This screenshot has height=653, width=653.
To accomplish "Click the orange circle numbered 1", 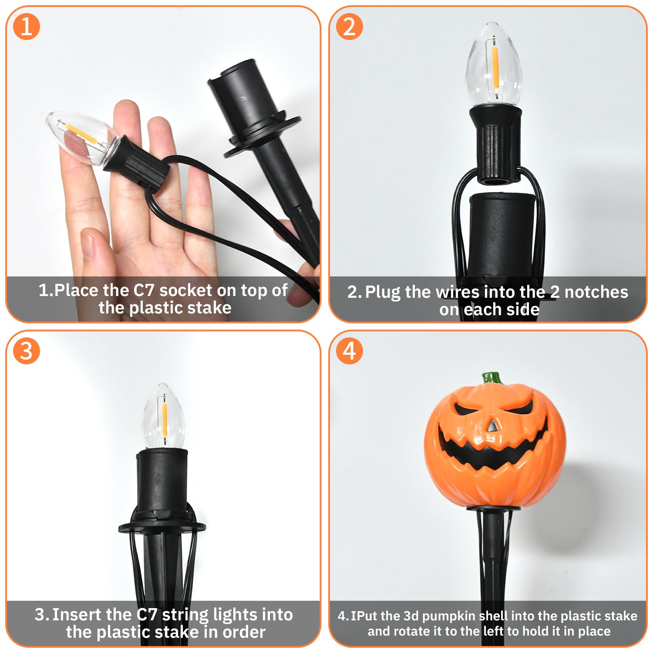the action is coord(27,27).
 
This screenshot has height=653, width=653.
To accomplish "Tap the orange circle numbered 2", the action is coord(350,27).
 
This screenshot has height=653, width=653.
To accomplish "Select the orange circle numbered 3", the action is coord(27,351).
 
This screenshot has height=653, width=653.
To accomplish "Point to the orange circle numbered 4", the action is coord(350,351).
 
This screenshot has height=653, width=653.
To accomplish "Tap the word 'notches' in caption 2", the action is coord(596,292).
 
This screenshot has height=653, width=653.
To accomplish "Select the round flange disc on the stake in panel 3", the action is coord(162,528).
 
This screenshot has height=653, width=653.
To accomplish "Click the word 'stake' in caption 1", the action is coord(210,308).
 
